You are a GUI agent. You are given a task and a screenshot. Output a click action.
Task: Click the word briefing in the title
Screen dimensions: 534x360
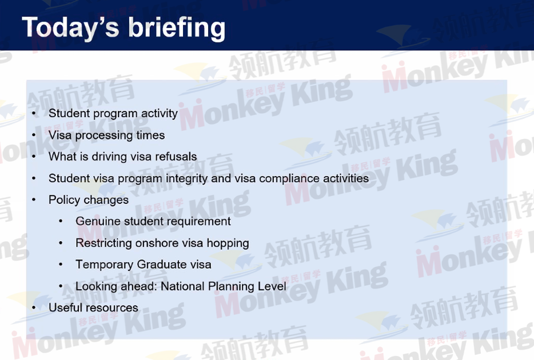177,28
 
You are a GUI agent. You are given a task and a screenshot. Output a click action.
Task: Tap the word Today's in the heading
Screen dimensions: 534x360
70,28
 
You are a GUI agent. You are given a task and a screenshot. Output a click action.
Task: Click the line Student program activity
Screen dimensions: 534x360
113,114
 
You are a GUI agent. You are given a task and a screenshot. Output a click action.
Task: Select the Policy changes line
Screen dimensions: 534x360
89,200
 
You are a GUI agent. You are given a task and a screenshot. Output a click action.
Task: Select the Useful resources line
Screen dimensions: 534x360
93,307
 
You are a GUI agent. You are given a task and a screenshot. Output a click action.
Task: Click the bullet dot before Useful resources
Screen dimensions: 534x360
34,308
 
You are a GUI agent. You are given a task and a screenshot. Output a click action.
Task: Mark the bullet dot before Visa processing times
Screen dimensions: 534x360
34,135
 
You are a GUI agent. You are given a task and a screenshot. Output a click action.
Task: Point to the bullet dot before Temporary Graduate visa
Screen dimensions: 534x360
61,265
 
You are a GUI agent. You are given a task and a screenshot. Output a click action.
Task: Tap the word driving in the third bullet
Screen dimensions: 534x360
109,157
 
